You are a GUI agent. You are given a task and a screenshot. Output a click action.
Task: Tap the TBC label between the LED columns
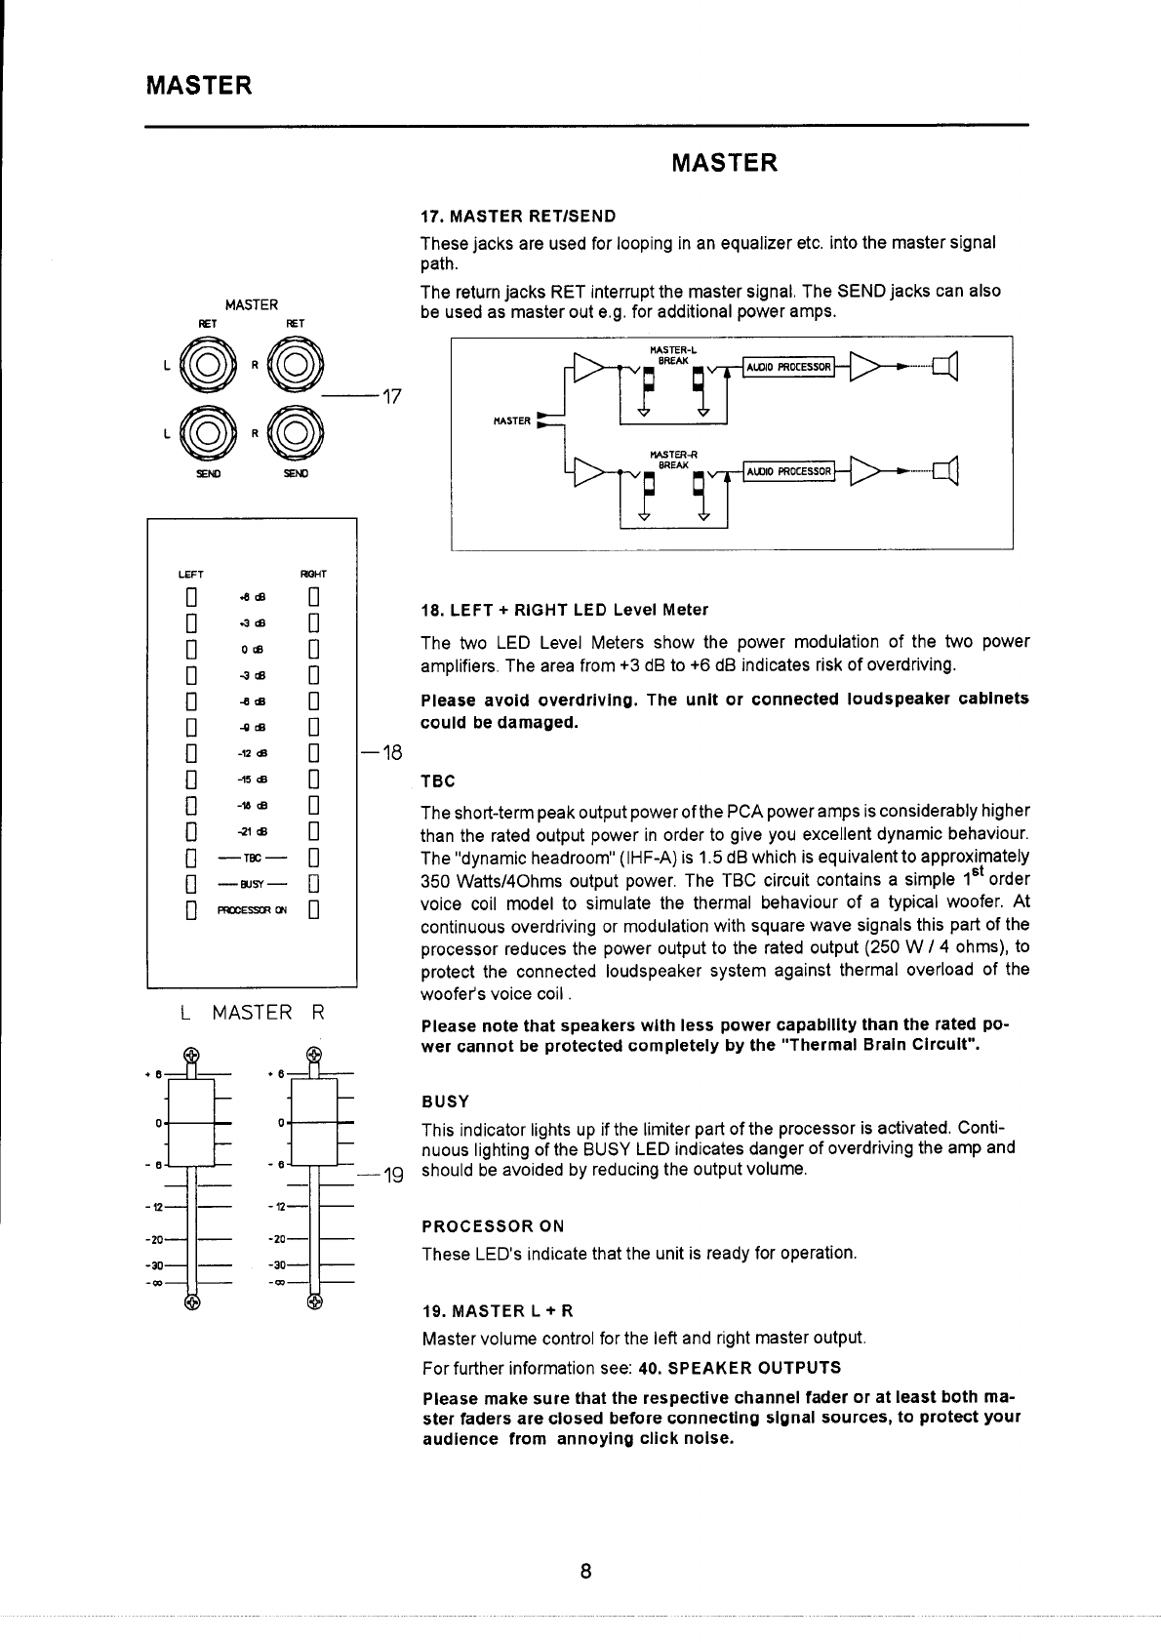pos(252,860)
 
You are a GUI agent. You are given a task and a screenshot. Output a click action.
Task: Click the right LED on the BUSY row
pos(313,886)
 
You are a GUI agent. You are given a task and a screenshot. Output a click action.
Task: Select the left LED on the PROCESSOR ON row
pos(192,912)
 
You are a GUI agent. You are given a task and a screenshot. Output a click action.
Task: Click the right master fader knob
pos(313,1123)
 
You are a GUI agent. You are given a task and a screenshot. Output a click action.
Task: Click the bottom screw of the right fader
pos(313,1301)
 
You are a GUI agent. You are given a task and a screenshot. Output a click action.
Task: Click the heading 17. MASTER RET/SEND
pos(517,215)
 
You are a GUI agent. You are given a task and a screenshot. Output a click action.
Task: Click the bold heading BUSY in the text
pos(445,1101)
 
